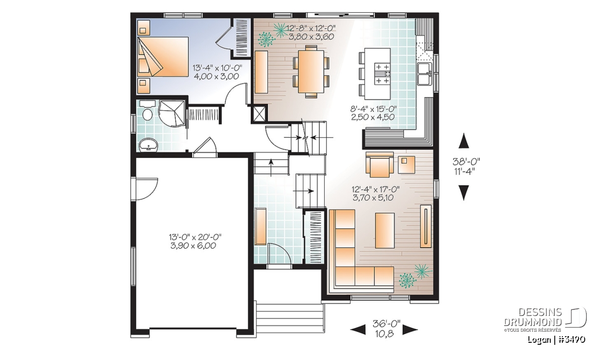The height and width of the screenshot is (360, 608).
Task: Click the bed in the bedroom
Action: click(x=163, y=57)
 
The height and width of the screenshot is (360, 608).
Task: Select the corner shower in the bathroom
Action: click(x=172, y=113)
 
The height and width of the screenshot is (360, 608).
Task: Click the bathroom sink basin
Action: click(x=148, y=145)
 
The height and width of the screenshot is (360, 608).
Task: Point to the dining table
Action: click(x=311, y=71)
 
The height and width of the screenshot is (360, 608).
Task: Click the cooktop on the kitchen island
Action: click(x=383, y=74)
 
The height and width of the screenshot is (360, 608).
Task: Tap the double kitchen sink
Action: click(x=425, y=74)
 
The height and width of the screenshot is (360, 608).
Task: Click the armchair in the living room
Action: click(x=379, y=165)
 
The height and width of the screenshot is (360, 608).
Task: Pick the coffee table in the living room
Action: click(x=385, y=230)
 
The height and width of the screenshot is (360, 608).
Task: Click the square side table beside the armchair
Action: click(x=406, y=165)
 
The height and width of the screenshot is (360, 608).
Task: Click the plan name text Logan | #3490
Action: click(x=556, y=340)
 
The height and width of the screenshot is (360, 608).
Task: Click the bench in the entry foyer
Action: click(x=260, y=227)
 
